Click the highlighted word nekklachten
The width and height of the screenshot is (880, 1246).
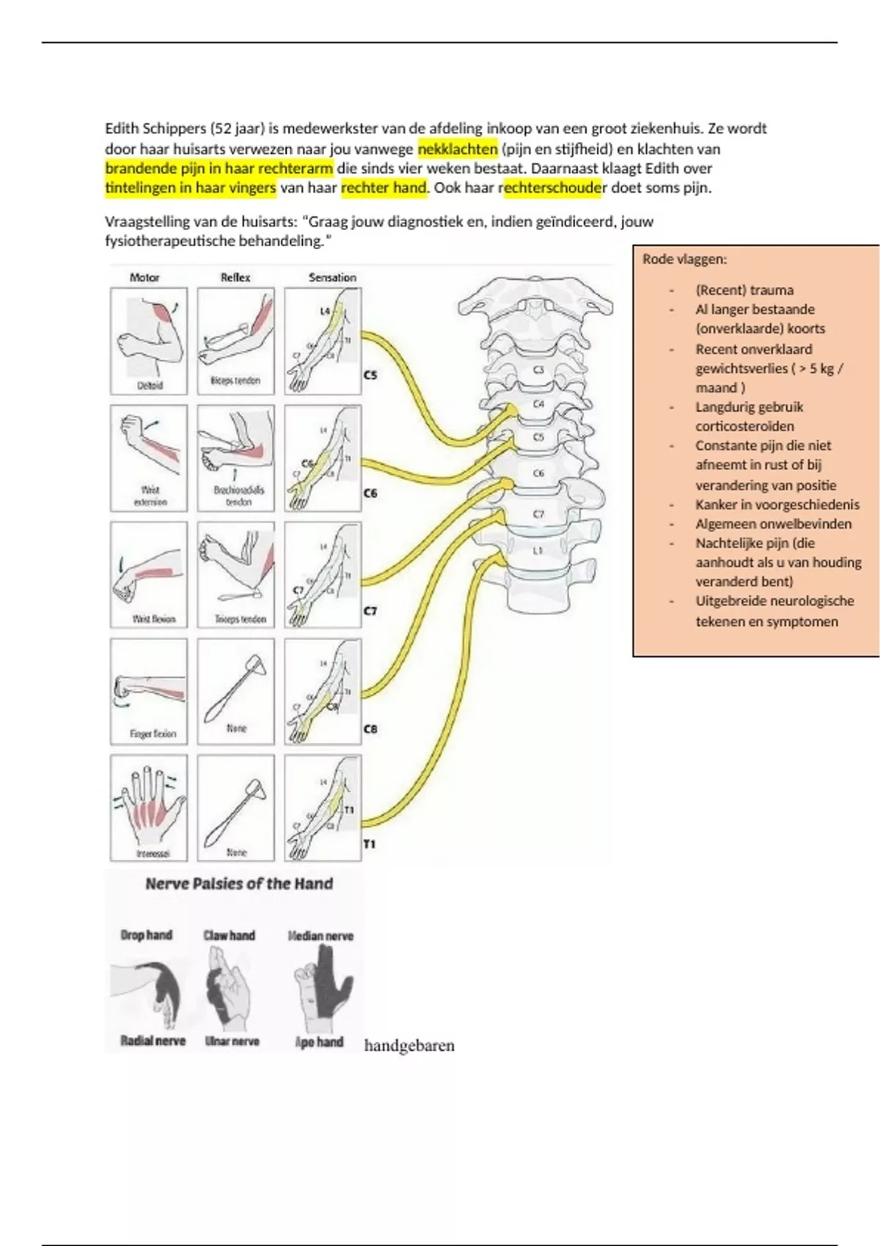[458, 149]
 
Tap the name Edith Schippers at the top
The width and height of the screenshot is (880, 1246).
[155, 129]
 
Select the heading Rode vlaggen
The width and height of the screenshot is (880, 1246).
[685, 259]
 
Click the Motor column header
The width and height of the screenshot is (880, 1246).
[144, 277]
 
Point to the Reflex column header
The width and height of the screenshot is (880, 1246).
[235, 277]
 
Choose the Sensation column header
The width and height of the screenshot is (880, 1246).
[332, 277]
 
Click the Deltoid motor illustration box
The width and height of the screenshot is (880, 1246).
[149, 341]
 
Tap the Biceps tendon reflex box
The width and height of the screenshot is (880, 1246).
[235, 341]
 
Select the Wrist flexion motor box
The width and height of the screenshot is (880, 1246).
[149, 575]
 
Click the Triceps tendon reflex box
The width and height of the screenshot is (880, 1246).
[235, 575]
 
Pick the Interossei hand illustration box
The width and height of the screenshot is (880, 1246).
[149, 808]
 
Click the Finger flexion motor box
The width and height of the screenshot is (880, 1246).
[149, 691]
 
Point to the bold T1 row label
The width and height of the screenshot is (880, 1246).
[370, 844]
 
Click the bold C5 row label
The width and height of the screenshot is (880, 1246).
[370, 375]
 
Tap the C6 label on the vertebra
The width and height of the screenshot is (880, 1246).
[538, 473]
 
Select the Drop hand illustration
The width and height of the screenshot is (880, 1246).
[150, 986]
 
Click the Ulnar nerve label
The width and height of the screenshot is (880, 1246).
[232, 1042]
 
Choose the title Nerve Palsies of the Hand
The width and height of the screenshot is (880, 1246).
[239, 884]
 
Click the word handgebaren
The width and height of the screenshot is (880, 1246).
[409, 1046]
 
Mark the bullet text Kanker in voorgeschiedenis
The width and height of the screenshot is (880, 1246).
[777, 504]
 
